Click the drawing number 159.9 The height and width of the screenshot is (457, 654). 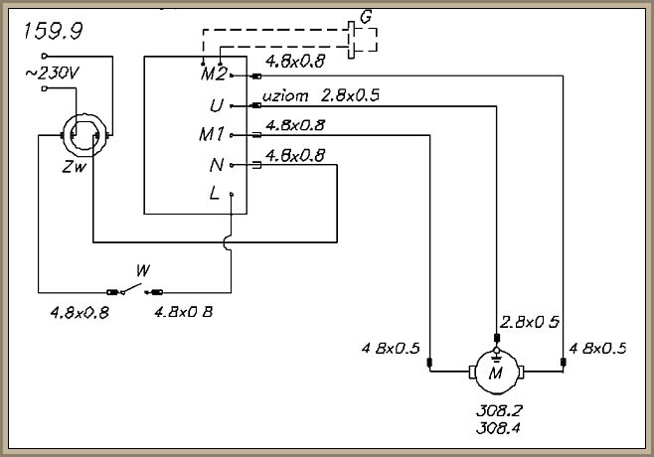point(50,31)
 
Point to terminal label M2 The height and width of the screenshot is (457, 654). point(213,75)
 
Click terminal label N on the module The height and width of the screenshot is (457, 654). point(218,164)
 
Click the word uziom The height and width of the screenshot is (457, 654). point(286,97)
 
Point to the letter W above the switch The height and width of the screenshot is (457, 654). point(143,270)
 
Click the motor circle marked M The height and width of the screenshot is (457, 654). point(494,373)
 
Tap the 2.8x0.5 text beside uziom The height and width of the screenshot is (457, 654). point(350,97)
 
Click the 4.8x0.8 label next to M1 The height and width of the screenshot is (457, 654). point(296,125)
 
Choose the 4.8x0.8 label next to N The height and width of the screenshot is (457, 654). point(296,155)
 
